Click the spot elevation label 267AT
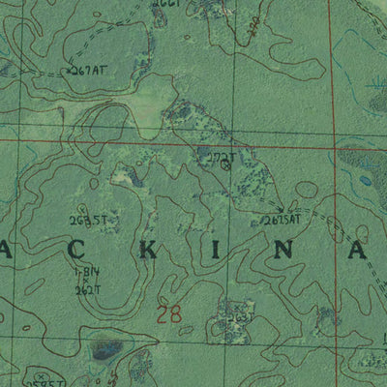(x=86, y=71)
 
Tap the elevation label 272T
(x=218, y=155)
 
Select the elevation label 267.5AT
(x=281, y=219)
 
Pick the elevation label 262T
(x=88, y=289)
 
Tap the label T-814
(x=87, y=274)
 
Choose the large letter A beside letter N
(x=357, y=252)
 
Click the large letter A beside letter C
(x=5, y=252)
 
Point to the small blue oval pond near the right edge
(x=365, y=179)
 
